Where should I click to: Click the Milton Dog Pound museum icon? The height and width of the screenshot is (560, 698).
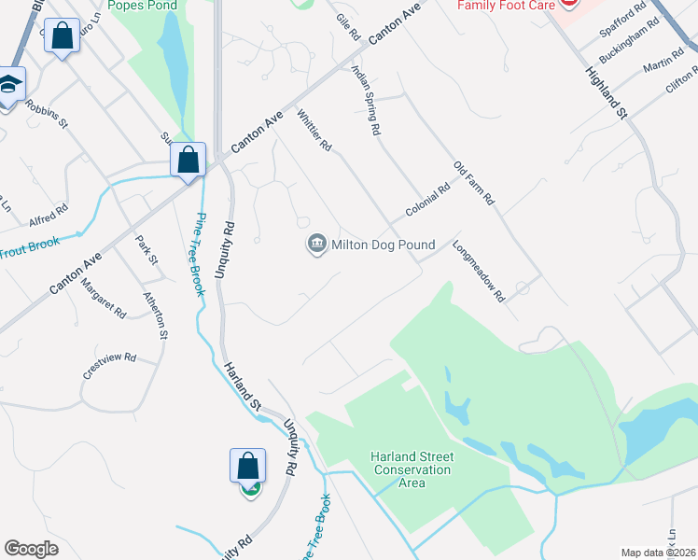tap(317, 245)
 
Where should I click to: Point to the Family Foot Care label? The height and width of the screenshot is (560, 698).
tap(504, 6)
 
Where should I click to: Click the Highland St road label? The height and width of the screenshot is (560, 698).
tap(607, 92)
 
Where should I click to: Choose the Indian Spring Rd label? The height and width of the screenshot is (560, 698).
tap(366, 101)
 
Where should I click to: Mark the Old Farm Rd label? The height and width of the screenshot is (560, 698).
tap(473, 184)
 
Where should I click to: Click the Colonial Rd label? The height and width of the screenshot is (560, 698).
tap(428, 201)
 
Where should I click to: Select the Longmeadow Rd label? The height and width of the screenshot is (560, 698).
tap(478, 273)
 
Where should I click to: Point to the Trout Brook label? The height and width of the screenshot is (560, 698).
tap(29, 248)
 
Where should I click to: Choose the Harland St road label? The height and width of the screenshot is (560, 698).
tap(241, 385)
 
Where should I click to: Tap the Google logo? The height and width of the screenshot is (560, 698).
tap(31, 549)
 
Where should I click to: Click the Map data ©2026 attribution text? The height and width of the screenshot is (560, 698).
tap(658, 553)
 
